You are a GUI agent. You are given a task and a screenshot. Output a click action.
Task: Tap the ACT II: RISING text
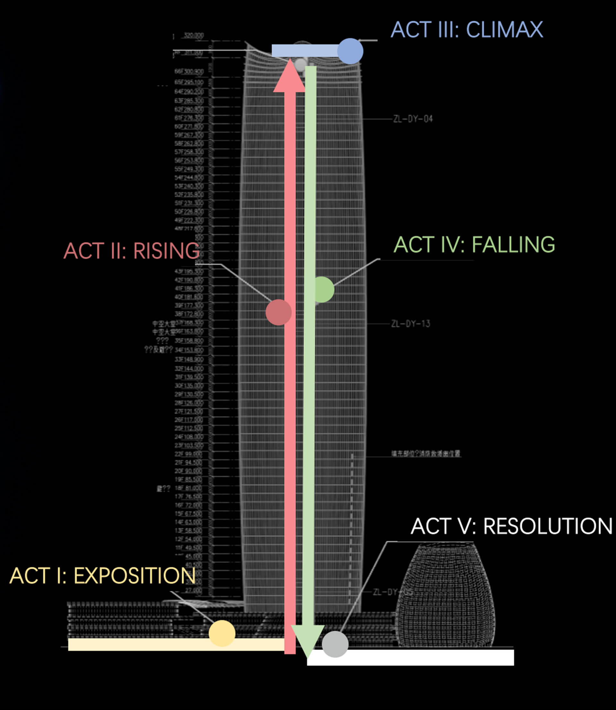pos(132,251)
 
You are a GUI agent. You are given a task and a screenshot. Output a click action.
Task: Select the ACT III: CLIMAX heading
pos(466,30)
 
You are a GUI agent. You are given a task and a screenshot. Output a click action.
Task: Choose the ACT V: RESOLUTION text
pos(511,526)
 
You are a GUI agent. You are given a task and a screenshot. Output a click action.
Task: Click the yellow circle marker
pos(222,633)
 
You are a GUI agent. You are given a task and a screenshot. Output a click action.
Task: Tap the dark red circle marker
pos(278,312)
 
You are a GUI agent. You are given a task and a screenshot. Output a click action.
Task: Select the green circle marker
pos(323,290)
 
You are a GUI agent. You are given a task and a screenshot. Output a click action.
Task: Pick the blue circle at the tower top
pos(350,51)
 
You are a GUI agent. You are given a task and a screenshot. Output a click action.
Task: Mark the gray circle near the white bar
pos(335,644)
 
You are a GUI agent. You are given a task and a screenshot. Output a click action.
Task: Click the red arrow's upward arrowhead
pos(289,77)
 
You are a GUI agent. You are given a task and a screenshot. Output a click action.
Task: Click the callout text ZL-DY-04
pos(413,119)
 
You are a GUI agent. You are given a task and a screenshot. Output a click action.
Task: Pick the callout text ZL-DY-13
pos(410,324)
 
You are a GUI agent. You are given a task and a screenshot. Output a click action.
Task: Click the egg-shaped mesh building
pos(446,595)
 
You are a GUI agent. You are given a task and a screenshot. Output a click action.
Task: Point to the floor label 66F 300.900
pos(189,72)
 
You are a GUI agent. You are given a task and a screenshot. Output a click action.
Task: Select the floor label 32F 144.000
pos(189,368)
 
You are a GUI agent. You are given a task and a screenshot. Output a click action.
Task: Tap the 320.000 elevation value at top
pos(193,35)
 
